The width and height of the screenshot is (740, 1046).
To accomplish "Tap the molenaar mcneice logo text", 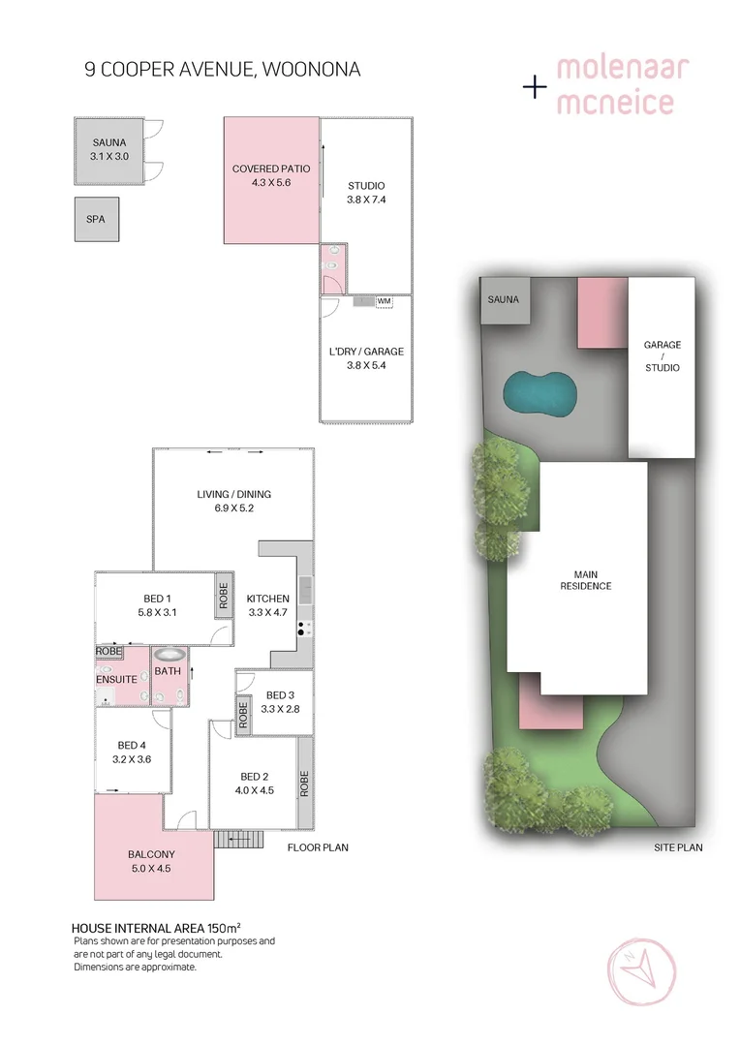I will (x=620, y=85).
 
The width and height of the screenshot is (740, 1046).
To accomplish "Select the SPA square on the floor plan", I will (x=96, y=219).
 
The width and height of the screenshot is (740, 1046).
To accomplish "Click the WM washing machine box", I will (x=384, y=301).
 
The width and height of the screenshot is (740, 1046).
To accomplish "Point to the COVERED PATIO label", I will (x=271, y=175).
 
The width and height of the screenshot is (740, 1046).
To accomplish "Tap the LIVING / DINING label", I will (x=233, y=502).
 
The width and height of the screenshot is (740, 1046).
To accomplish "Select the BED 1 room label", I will (x=155, y=605).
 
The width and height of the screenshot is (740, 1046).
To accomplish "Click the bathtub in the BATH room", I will (x=169, y=656).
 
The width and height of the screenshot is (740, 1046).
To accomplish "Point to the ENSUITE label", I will (x=116, y=679).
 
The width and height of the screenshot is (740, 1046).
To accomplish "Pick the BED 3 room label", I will (x=279, y=702).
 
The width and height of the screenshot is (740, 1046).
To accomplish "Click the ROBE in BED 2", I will (x=304, y=783).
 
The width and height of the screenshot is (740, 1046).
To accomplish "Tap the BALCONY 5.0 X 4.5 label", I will (x=151, y=861).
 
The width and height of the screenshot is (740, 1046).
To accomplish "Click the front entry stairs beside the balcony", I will (x=238, y=839).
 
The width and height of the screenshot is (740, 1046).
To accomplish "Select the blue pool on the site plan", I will (x=540, y=391).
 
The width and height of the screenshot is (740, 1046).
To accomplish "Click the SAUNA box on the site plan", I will (x=503, y=300).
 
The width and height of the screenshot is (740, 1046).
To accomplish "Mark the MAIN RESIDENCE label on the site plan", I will (x=586, y=579).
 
